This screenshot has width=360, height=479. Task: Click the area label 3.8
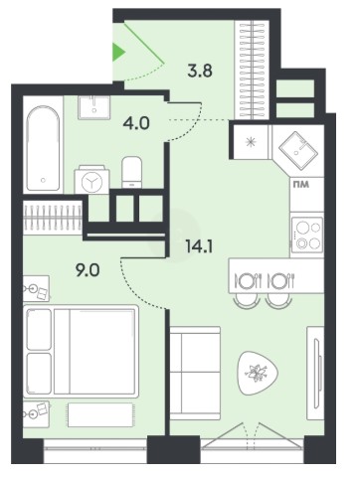point(200,71)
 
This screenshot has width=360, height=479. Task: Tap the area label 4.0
point(136,123)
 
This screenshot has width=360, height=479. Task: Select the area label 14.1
point(199,246)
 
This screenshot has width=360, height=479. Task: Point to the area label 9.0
point(88,270)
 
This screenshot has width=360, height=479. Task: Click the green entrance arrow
point(118,52)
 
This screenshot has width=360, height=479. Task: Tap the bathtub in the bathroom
point(43,148)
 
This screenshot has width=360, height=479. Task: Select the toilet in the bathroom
point(131,172)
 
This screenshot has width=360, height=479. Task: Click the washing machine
point(91,181)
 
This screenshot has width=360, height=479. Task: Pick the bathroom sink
point(94,107)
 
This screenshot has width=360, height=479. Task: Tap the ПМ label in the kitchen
point(301,184)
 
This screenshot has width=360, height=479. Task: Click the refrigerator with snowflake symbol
point(251,142)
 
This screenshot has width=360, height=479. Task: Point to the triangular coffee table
point(258,374)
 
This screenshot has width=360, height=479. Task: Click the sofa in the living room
point(195,373)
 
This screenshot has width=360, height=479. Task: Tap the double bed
point(82,351)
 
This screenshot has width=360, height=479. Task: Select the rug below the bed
point(100,414)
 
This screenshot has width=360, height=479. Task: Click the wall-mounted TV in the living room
point(316,374)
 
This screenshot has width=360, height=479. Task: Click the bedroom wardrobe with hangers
point(53,218)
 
